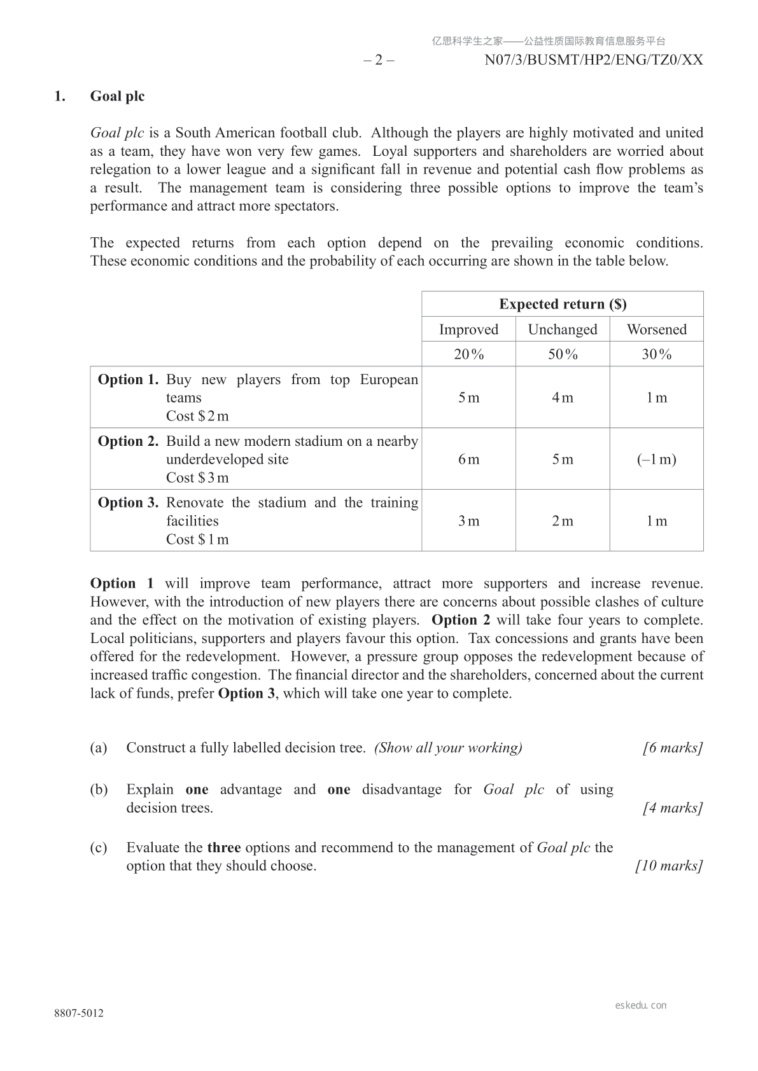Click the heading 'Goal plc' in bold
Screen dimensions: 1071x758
tap(117, 96)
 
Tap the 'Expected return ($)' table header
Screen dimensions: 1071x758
tap(563, 304)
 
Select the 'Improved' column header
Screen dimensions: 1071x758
tap(468, 329)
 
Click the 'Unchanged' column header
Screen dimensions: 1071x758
tap(563, 329)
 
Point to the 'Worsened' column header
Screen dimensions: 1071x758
tap(656, 329)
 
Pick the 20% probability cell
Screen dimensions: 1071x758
tap(468, 354)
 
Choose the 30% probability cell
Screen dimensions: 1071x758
tap(656, 354)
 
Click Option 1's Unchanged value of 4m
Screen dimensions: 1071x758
tap(563, 397)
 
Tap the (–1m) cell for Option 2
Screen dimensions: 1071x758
tap(656, 459)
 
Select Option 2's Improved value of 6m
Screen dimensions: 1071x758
tap(468, 459)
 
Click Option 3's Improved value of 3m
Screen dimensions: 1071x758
tap(468, 521)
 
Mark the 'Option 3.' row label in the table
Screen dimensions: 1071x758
tap(128, 502)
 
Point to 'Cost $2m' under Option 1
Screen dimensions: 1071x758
tap(197, 416)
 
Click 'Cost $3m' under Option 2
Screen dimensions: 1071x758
tap(197, 478)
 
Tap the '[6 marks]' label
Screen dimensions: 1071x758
tap(673, 748)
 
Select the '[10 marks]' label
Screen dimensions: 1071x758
tap(669, 866)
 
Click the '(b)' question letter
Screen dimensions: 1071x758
tap(99, 790)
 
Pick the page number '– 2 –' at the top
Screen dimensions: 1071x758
tap(379, 60)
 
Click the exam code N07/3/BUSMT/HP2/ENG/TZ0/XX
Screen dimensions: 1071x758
tap(594, 60)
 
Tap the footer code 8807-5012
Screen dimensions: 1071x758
tap(79, 1013)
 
